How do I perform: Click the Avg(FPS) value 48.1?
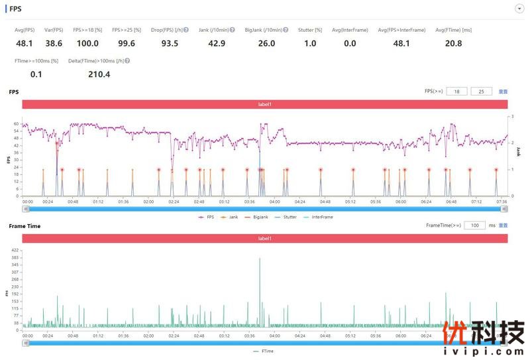coord(24,43)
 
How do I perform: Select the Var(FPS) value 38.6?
coord(54,43)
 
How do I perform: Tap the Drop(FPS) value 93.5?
coord(170,43)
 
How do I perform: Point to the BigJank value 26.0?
coord(266,43)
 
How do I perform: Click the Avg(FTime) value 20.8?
coord(454,43)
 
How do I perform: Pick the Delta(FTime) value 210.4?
coord(99,74)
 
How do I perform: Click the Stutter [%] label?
coord(309,30)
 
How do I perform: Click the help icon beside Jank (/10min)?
coord(233,30)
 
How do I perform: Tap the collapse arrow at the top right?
coord(519,9)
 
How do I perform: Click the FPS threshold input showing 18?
coord(456,91)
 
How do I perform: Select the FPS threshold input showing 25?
coord(481,91)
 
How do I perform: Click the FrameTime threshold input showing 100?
coord(474,225)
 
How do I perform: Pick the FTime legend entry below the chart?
coord(265,351)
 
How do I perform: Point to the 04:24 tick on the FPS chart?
coord(299,202)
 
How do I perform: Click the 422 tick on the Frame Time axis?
coord(15,250)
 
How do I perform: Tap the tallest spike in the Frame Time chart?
coord(260,259)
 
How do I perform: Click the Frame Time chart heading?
coord(25,226)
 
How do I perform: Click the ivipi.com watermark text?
coord(484,351)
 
